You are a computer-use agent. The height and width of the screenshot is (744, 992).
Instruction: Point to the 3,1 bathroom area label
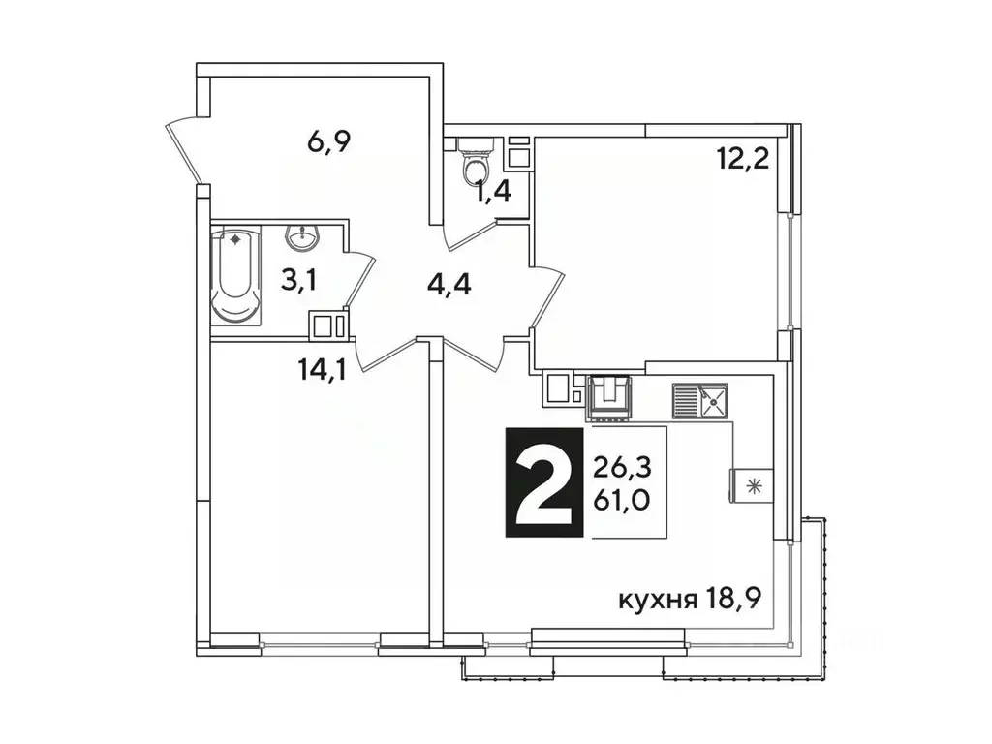(x=298, y=281)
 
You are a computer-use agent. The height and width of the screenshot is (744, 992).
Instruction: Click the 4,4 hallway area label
(x=448, y=286)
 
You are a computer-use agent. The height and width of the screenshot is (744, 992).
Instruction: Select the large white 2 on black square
(x=543, y=480)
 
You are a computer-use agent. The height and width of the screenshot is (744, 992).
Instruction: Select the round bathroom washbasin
(x=304, y=237)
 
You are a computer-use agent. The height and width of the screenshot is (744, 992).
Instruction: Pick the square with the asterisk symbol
(x=751, y=484)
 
